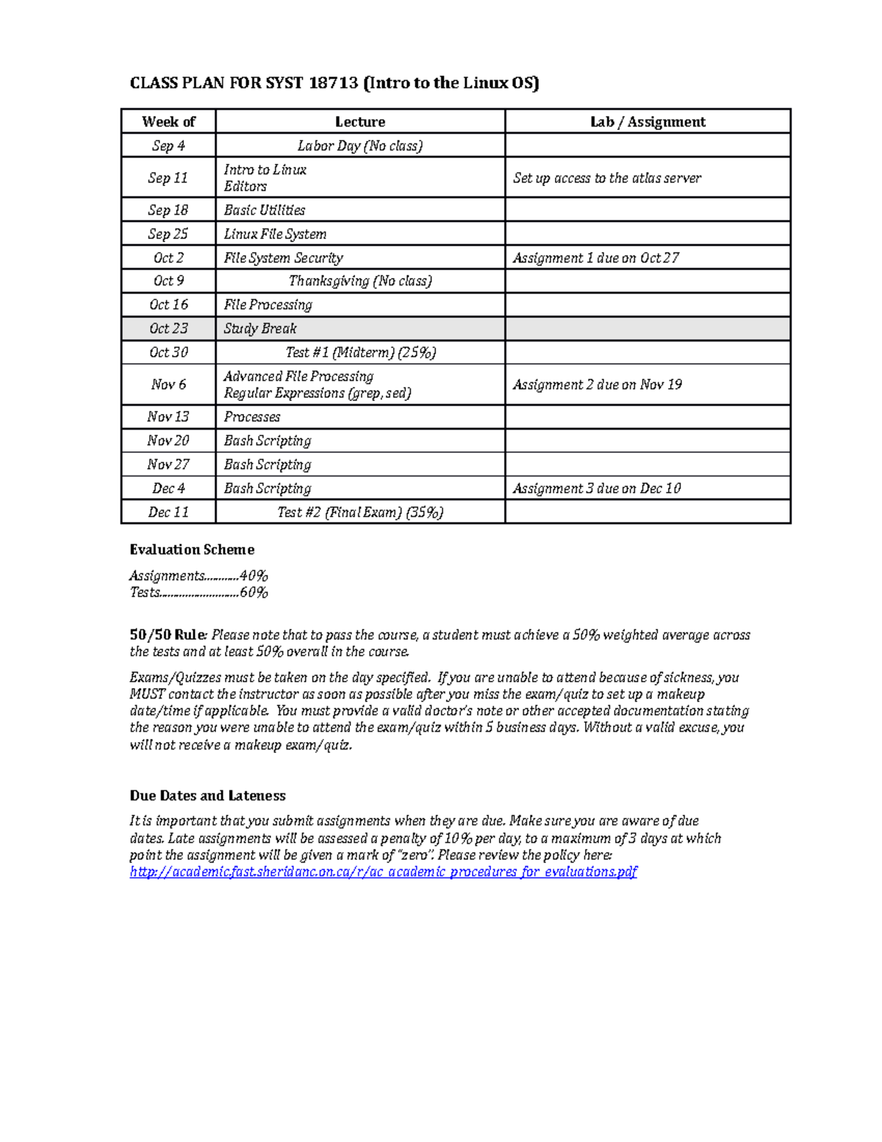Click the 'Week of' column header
(168, 122)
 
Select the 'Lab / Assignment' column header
(648, 122)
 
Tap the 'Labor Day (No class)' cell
(360, 146)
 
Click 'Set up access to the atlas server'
(606, 178)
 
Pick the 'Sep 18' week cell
(168, 210)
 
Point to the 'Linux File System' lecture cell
(275, 234)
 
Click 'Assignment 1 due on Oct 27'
(595, 258)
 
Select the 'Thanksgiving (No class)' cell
(360, 281)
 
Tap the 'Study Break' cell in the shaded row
(260, 329)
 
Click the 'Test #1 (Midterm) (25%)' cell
(360, 353)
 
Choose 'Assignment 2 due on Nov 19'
(597, 385)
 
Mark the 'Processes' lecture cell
(252, 417)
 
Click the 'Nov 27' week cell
(168, 465)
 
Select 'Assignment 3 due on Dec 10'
(596, 488)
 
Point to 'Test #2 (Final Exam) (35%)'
(360, 513)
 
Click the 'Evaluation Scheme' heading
(192, 550)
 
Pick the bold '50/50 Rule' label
(168, 635)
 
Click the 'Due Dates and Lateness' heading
(207, 796)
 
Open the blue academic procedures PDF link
(383, 872)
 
